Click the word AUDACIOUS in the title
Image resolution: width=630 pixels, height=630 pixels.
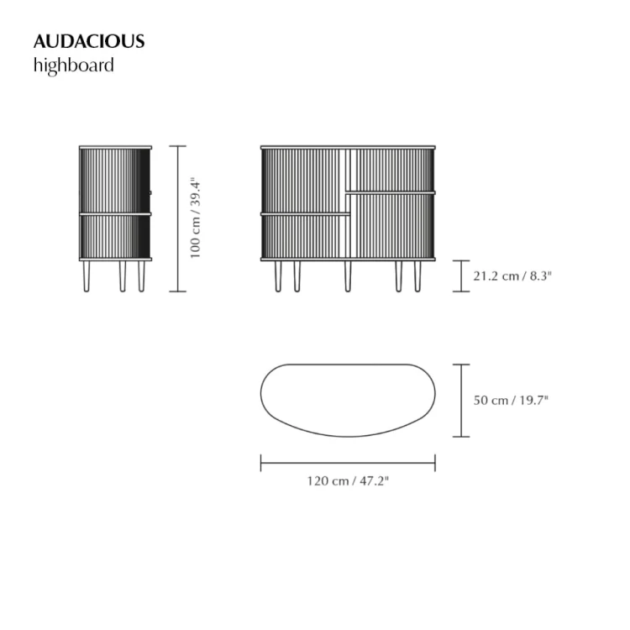(x=89, y=41)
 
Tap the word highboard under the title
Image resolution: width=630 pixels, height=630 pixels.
(x=74, y=66)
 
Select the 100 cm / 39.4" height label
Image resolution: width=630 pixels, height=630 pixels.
(x=195, y=218)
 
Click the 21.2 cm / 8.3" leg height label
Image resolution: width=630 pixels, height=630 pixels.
(x=512, y=276)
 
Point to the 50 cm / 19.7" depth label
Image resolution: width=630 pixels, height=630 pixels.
(x=511, y=400)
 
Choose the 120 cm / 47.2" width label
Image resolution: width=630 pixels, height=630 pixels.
(x=348, y=481)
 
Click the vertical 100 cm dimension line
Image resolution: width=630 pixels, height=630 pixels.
(x=177, y=218)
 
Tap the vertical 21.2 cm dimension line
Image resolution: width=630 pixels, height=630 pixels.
(x=461, y=276)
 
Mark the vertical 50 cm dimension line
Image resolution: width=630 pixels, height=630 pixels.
(x=461, y=401)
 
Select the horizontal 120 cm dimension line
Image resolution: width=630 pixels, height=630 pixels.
(x=348, y=463)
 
